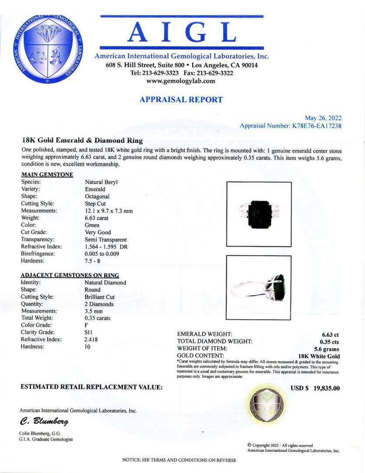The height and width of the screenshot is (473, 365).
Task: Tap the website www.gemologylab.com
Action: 181,81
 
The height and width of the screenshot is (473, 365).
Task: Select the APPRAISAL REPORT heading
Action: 181,99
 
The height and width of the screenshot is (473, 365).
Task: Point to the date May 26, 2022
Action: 323,118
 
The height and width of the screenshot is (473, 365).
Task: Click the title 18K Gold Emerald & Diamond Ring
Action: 82,141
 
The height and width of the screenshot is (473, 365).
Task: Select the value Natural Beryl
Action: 101,182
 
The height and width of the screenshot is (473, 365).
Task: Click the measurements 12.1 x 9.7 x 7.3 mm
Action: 109,211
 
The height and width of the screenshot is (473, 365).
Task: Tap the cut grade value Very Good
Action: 98,232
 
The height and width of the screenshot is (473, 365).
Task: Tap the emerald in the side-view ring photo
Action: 279,285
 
